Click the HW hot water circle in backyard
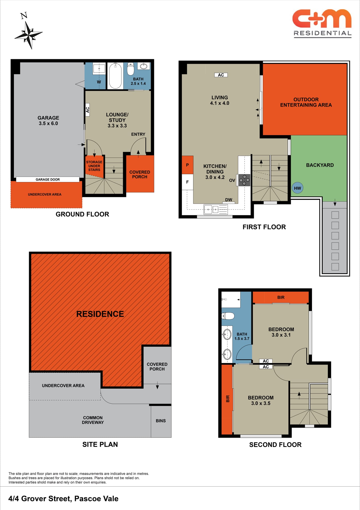click(x=297, y=188)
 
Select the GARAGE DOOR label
click(x=48, y=180)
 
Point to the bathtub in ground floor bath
click(x=115, y=76)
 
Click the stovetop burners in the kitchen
click(x=244, y=180)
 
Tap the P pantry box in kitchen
click(x=187, y=165)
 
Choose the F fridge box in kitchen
click(x=187, y=182)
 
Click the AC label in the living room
click(x=221, y=75)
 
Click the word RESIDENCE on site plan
click(x=100, y=314)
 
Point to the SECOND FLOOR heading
click(x=275, y=445)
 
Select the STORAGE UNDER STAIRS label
click(x=94, y=166)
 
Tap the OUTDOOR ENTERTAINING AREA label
click(x=306, y=102)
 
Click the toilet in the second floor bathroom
click(x=228, y=316)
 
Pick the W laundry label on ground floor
click(x=99, y=82)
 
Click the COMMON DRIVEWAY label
click(x=93, y=420)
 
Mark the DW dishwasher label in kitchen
click(x=229, y=200)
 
